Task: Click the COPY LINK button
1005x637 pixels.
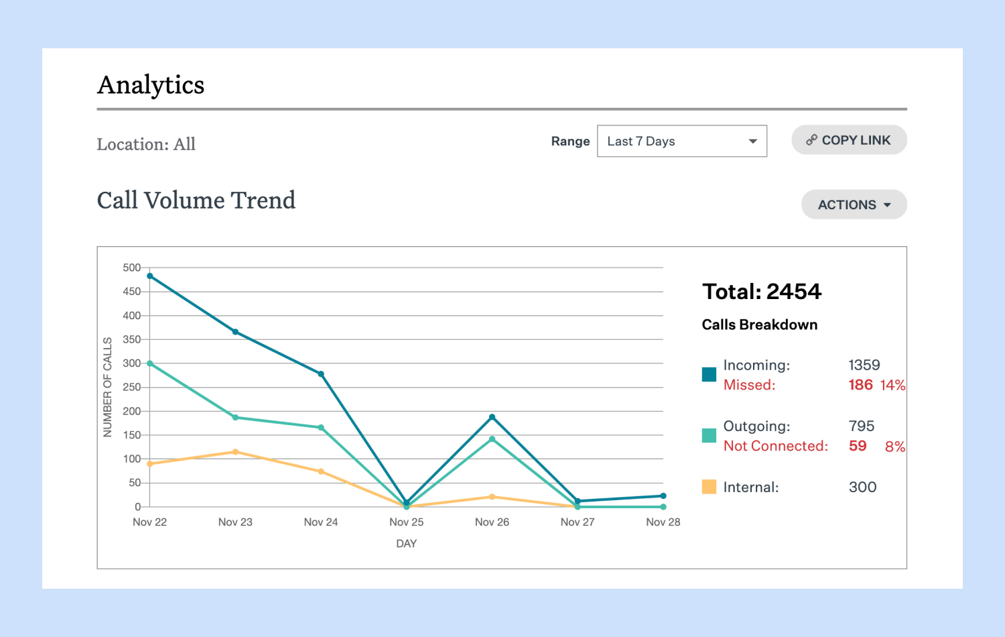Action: [849, 140]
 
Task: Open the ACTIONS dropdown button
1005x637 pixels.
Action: [854, 205]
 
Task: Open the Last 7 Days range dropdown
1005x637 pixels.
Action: [681, 141]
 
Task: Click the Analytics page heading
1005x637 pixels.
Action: [151, 85]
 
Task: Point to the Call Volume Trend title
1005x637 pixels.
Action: [196, 200]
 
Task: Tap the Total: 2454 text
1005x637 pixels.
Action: [761, 292]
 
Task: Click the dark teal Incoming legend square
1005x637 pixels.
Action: [709, 374]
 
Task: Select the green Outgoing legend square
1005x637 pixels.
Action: [709, 435]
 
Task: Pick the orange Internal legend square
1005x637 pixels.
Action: [709, 487]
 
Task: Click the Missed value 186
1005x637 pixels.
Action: [860, 385]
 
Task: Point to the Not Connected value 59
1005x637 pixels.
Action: [858, 446]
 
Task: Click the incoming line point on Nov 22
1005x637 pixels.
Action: [150, 276]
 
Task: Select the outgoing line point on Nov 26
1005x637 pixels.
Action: [492, 439]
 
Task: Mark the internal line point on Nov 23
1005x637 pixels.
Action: [235, 452]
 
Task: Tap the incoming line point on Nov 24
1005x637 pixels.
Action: [321, 374]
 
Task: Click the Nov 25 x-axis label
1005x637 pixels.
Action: [406, 522]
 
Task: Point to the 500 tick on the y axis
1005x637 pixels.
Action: [131, 268]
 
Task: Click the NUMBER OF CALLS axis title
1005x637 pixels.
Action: [107, 387]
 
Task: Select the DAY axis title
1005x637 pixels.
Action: [406, 544]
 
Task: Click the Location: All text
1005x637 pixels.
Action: [146, 144]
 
